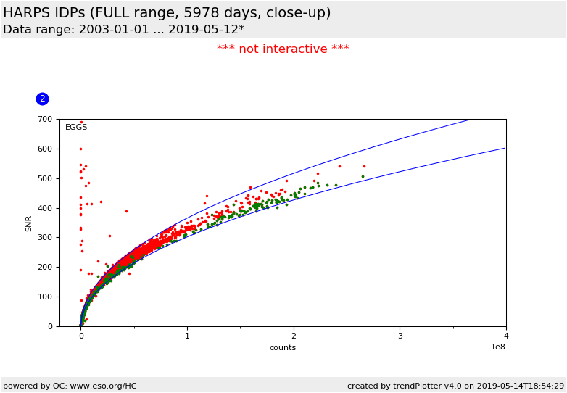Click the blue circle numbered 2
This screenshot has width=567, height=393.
click(x=42, y=99)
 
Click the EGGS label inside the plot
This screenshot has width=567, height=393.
click(x=76, y=128)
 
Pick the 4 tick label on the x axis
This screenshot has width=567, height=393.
click(x=506, y=336)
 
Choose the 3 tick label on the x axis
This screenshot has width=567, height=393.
click(x=400, y=336)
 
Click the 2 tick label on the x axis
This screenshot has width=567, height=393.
click(x=294, y=336)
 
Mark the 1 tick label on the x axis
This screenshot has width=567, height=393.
click(x=187, y=336)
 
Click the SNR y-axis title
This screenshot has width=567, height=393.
click(x=29, y=223)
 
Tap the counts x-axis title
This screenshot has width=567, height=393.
click(x=283, y=347)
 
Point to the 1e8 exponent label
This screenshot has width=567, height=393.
click(x=497, y=347)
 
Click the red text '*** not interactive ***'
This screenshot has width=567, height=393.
click(x=283, y=49)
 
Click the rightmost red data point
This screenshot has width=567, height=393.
click(x=364, y=166)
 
